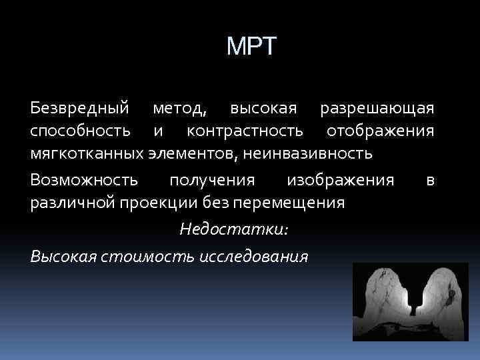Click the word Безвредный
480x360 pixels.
(79, 107)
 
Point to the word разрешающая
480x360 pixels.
(377, 107)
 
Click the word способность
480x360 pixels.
(80, 131)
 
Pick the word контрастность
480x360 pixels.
(248, 131)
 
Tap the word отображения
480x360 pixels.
(380, 131)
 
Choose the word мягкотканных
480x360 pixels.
(87, 154)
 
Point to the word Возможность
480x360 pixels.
(85, 179)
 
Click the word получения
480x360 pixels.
(212, 179)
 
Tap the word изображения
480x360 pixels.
(340, 179)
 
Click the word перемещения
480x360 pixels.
(291, 203)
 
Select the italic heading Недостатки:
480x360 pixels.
(234, 229)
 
